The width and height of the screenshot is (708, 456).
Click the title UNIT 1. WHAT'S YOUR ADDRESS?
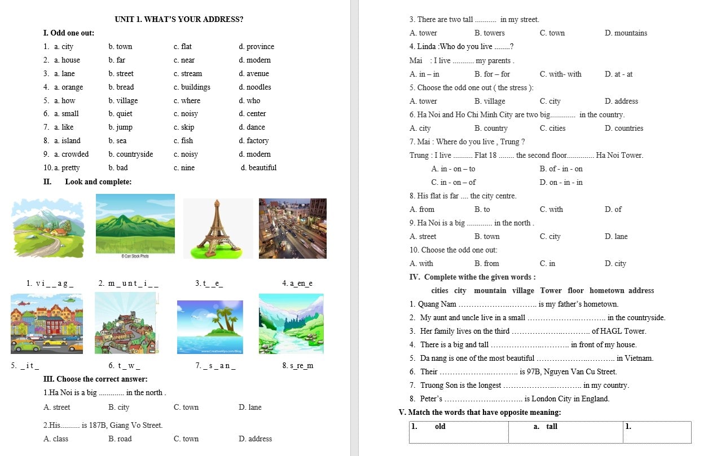pos(179,19)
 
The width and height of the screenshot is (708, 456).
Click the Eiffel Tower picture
pos(218,228)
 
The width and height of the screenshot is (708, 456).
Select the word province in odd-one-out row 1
pos(260,47)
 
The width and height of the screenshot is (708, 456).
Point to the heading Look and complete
pos(98,182)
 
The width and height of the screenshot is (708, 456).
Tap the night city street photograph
pos(292,228)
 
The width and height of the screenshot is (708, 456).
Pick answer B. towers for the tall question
pos(490,33)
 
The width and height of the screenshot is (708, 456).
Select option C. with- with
pos(560,74)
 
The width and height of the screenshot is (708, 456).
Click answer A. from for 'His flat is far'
pos(422,210)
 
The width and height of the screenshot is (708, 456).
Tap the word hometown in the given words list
pos(606,291)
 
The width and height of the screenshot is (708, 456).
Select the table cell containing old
pos(440,427)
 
